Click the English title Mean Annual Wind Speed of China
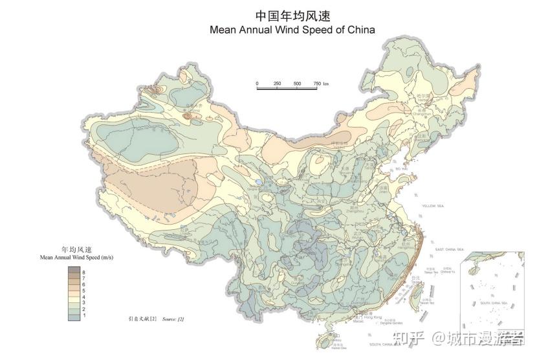tap(292, 30)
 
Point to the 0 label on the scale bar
tap(257, 84)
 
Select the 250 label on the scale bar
tap(277, 84)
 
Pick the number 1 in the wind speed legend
tap(84, 315)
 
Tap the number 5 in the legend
tap(84, 291)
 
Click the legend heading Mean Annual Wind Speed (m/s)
tap(76, 257)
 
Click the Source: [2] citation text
tap(173, 319)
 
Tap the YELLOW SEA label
tap(433, 205)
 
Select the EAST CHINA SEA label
tap(450, 249)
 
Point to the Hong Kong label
tap(373, 317)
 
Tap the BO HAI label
tap(401, 169)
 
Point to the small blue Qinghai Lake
tap(259, 183)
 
